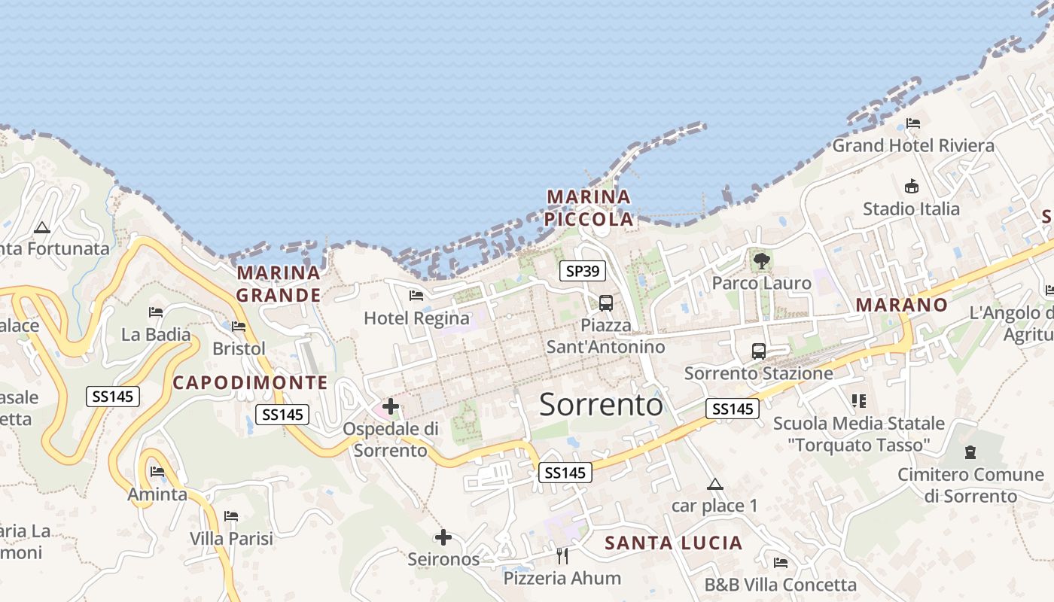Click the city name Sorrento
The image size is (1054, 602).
601,405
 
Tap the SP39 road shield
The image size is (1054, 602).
582,271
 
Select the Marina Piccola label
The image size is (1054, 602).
589,208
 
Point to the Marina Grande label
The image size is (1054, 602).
279,284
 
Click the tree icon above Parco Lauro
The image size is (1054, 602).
762,261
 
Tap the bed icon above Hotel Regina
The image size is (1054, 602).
416,296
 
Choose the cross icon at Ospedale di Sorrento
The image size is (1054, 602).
391,407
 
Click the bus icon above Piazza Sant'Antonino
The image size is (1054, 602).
605,303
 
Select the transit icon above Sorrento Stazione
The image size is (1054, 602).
758,351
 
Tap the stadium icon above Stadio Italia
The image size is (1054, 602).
911,186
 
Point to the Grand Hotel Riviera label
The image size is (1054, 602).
912,145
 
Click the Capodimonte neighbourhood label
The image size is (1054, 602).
251,382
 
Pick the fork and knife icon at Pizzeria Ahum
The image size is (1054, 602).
562,556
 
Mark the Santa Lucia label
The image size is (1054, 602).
673,543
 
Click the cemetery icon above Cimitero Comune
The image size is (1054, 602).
970,452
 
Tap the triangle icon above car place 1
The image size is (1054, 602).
714,484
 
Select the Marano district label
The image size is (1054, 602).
901,305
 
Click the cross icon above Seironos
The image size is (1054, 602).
443,537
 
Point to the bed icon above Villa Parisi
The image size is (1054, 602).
231,516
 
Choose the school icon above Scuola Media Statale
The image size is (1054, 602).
858,400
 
